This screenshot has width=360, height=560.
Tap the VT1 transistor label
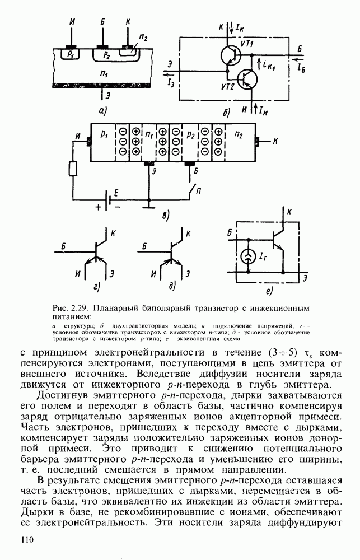(247, 44)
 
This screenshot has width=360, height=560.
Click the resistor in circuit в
(72, 169)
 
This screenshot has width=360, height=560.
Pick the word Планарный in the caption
(111, 308)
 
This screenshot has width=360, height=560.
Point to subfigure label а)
(103, 111)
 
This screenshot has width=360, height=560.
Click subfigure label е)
(269, 291)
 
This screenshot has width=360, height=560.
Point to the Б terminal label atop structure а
(101, 22)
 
